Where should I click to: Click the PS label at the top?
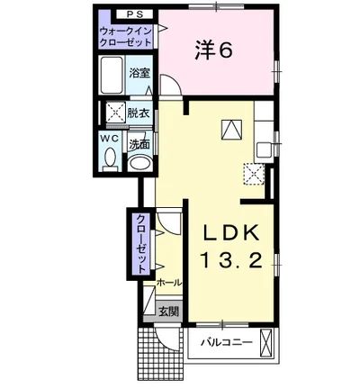point(134,14)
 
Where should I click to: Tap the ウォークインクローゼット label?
point(126,36)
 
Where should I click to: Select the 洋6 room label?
point(213,50)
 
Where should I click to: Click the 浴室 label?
point(139,73)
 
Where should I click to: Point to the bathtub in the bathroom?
point(112,75)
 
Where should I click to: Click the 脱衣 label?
point(138,113)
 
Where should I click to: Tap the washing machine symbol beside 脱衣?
point(116,113)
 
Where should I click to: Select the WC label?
point(110,139)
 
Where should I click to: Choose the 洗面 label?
point(139,145)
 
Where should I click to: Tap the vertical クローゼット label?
point(141,243)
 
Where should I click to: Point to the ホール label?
point(169,282)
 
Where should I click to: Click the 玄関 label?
point(168,312)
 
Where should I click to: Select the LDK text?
point(231,233)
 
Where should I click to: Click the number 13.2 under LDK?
point(231,260)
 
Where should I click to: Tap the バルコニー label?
point(227,342)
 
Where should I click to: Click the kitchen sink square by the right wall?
point(263,149)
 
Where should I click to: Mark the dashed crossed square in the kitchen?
point(254,174)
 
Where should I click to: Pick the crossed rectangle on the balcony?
point(265,342)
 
